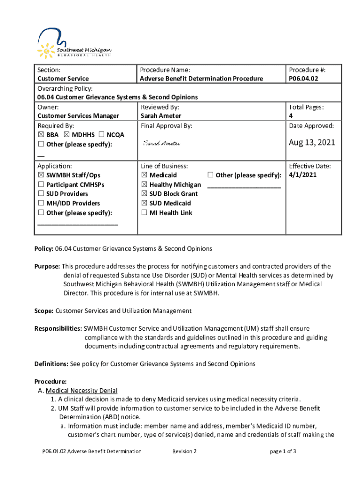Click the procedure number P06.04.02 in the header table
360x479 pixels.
[303, 79]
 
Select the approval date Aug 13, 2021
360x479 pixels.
[312, 142]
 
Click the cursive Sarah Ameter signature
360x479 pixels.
[162, 143]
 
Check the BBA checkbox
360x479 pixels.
[41, 135]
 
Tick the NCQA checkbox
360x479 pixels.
[101, 135]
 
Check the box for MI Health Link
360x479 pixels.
[144, 213]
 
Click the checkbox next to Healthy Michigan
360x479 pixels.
[144, 185]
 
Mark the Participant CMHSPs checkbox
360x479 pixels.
[41, 185]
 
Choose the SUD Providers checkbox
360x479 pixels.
[41, 194]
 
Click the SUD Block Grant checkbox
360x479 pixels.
[144, 194]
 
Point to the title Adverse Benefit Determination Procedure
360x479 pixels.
[202, 79]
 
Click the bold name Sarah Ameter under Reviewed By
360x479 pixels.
[161, 116]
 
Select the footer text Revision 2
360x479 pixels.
[184, 451]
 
